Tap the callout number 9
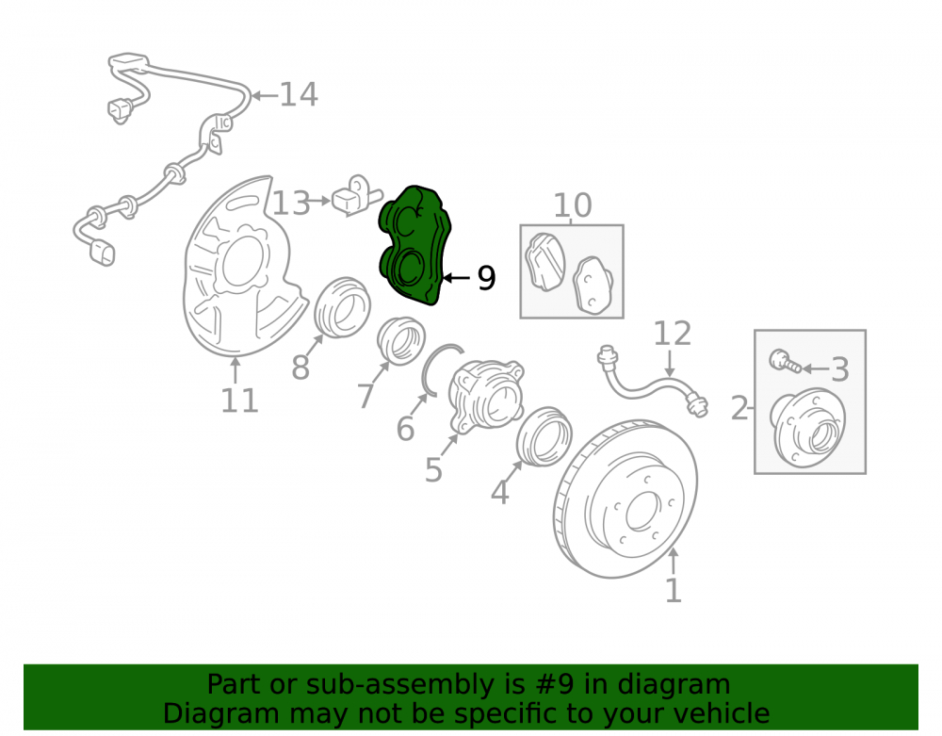(486, 278)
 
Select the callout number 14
(299, 94)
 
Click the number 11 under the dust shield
(239, 401)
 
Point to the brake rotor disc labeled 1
(625, 499)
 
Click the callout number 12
(673, 334)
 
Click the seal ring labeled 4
(544, 436)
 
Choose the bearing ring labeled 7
(401, 341)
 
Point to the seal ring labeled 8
(343, 307)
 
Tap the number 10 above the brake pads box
(573, 205)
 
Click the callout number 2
(739, 408)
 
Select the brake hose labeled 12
(652, 384)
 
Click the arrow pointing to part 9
(456, 278)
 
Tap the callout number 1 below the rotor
(674, 591)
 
